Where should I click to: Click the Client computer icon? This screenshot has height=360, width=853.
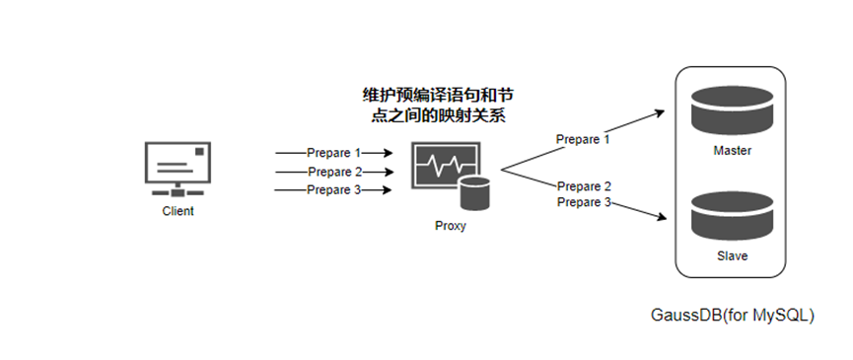tap(178, 170)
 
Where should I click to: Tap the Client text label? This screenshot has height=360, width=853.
tap(178, 211)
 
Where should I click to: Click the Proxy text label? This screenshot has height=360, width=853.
tap(451, 225)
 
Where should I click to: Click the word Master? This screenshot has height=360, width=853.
tap(733, 151)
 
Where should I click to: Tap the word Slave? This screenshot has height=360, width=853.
tap(733, 255)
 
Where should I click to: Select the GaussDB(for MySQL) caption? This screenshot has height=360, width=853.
tap(733, 316)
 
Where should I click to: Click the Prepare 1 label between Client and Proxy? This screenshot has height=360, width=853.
tap(333, 153)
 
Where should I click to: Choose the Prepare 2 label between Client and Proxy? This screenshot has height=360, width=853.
tap(334, 172)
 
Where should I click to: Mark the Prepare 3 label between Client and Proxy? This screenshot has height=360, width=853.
tap(333, 189)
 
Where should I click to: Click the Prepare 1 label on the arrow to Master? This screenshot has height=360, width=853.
tap(583, 140)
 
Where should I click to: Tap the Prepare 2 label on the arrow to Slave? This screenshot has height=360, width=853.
tap(584, 186)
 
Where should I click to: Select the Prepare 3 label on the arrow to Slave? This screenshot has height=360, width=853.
tap(584, 202)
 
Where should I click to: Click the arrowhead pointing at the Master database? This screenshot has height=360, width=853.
tap(660, 112)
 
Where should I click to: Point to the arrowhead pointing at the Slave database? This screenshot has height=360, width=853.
tap(661, 216)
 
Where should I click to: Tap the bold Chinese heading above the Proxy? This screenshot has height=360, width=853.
tap(438, 107)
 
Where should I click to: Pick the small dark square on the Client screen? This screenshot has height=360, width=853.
tap(199, 151)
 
